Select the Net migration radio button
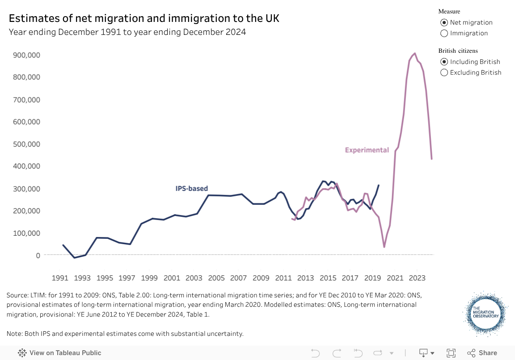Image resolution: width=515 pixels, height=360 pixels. (444, 22)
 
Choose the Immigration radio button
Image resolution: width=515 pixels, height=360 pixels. (444, 33)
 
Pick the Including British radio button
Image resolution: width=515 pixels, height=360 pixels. (444, 62)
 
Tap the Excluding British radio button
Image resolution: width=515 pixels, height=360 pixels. (444, 72)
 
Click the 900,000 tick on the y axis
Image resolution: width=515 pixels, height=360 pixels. (28, 55)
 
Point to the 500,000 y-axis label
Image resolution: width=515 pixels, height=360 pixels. (28, 144)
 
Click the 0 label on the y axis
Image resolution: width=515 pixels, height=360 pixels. (38, 255)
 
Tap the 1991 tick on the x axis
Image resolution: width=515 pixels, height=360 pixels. (60, 278)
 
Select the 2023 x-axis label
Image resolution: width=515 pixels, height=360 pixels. (417, 278)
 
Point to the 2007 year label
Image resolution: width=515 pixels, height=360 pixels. (238, 278)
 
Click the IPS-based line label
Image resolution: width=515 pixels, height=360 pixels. (192, 189)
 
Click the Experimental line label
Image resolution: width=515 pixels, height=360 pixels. (367, 150)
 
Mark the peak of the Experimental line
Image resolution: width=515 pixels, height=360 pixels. (415, 53)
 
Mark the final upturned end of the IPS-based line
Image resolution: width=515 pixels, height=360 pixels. (379, 185)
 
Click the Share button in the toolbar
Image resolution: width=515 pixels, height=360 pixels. (482, 353)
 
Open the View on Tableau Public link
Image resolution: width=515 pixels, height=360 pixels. (59, 353)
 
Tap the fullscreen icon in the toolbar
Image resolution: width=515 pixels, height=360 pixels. (451, 353)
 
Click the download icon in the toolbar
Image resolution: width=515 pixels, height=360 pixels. (423, 353)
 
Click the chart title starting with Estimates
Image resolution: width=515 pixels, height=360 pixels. (144, 18)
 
